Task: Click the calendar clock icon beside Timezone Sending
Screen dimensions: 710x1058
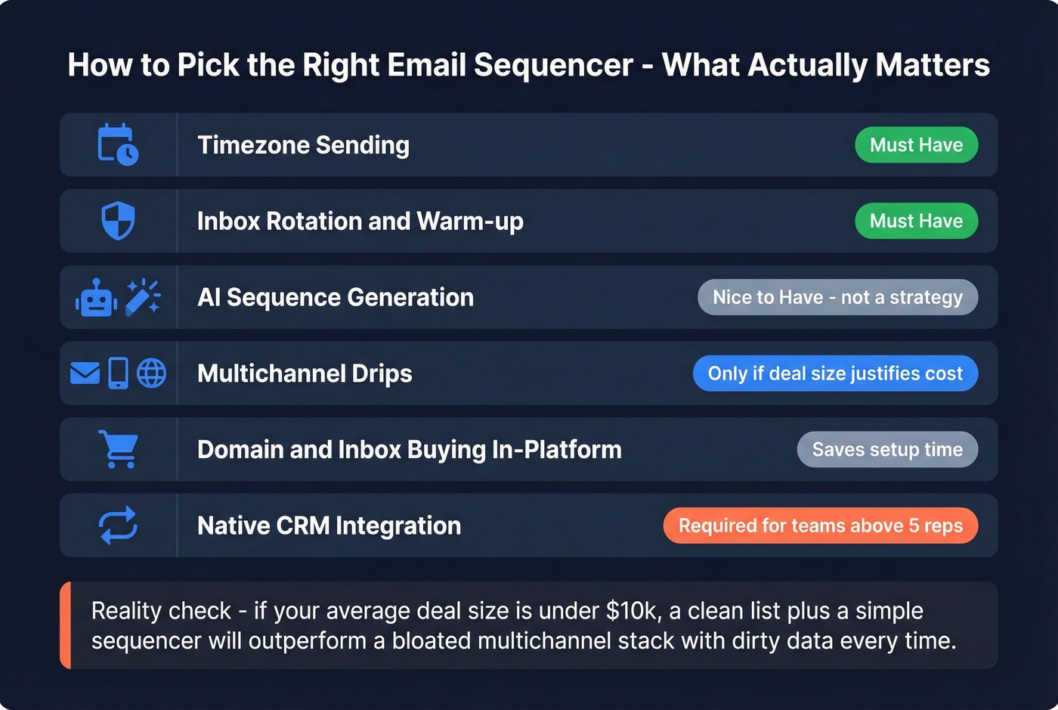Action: (x=118, y=144)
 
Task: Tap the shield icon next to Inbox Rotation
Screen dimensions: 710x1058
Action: (x=118, y=221)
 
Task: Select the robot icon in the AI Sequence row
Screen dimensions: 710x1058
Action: (x=96, y=297)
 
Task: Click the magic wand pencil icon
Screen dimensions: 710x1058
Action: (x=143, y=297)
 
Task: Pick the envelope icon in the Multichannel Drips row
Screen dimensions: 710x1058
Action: (x=85, y=374)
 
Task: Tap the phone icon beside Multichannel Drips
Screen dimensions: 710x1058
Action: (x=119, y=374)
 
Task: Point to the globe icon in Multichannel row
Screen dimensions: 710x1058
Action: (x=152, y=374)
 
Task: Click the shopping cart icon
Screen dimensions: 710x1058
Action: (x=119, y=449)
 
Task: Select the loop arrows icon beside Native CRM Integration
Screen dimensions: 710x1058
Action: (x=119, y=526)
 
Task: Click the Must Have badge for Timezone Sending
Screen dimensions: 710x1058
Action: (x=916, y=144)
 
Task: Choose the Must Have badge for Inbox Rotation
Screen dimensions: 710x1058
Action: (x=916, y=221)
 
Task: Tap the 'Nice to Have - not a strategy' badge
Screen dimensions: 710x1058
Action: (x=837, y=297)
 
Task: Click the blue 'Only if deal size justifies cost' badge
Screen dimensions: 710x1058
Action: (x=835, y=374)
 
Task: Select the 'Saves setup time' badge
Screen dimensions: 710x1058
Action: (x=887, y=449)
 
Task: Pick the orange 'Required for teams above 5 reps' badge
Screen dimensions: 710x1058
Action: (x=820, y=526)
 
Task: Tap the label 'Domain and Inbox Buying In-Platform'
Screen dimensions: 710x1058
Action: (x=409, y=450)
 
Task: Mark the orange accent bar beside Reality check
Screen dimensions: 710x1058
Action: (x=66, y=625)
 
